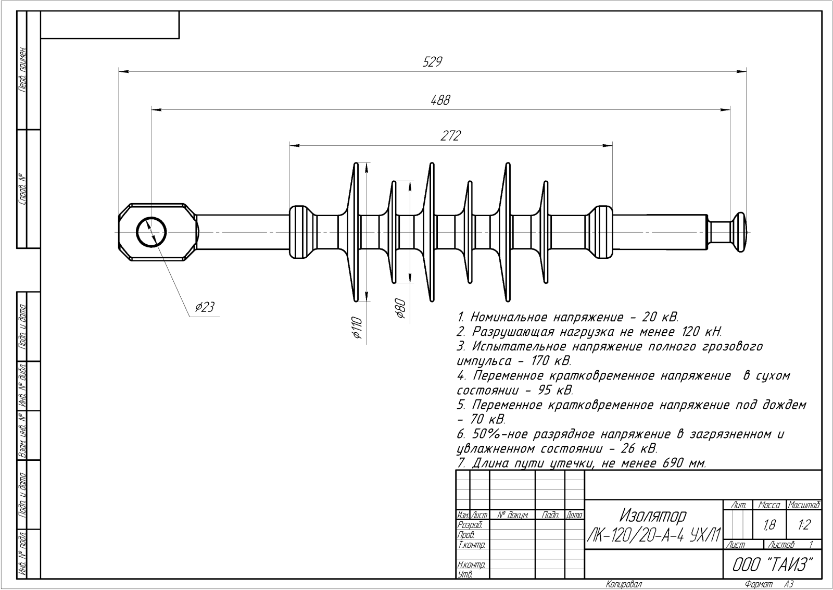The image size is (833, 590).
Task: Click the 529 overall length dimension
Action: (432, 62)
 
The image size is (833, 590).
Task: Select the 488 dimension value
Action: (440, 100)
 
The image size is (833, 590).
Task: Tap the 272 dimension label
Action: (451, 136)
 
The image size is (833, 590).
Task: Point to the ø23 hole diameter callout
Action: (205, 307)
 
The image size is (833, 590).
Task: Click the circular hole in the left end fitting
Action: (151, 232)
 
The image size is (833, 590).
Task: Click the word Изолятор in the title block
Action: (652, 516)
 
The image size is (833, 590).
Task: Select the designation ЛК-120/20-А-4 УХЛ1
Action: (654, 535)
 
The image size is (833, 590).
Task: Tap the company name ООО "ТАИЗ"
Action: (773, 564)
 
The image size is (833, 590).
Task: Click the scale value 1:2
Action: (804, 525)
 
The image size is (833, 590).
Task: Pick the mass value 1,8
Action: (769, 525)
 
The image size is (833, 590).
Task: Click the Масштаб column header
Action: (804, 505)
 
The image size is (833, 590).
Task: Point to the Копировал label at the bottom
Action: (624, 584)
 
